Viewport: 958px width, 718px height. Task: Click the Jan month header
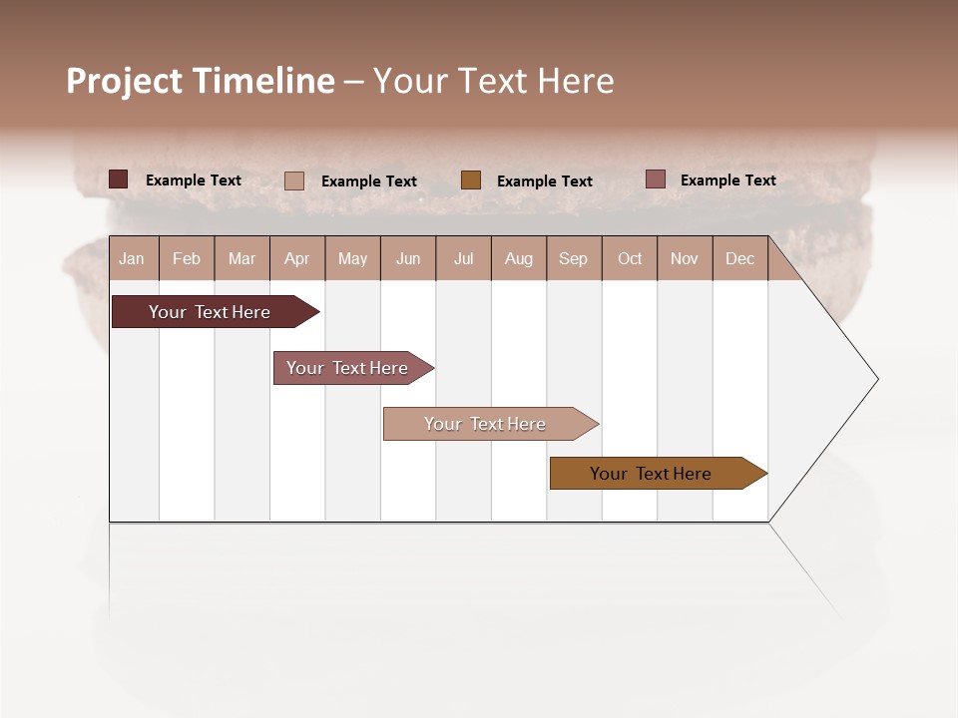[x=133, y=258]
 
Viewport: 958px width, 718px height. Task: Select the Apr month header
[x=296, y=258]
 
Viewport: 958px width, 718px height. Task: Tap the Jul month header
[x=463, y=258]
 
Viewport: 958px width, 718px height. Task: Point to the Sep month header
[x=573, y=258]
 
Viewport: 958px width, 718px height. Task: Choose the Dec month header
[x=739, y=258]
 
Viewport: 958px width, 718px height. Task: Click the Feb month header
[x=187, y=258]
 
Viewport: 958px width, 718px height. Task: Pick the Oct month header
[x=630, y=258]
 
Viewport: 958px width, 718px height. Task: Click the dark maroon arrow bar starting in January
[x=211, y=312]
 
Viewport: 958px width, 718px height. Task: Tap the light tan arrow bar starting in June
[x=486, y=424]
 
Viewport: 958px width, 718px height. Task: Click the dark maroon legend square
[x=119, y=179]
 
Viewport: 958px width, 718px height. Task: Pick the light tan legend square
[x=294, y=180]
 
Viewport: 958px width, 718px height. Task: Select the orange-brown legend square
[x=471, y=179]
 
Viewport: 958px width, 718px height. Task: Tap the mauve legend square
[x=655, y=179]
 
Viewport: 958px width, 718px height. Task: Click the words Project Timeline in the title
[x=200, y=81]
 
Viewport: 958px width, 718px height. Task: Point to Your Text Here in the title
[x=493, y=81]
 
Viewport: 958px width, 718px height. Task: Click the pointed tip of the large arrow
[x=875, y=379]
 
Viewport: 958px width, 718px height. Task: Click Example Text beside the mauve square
[x=727, y=180]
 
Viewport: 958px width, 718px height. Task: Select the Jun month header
[x=407, y=258]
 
